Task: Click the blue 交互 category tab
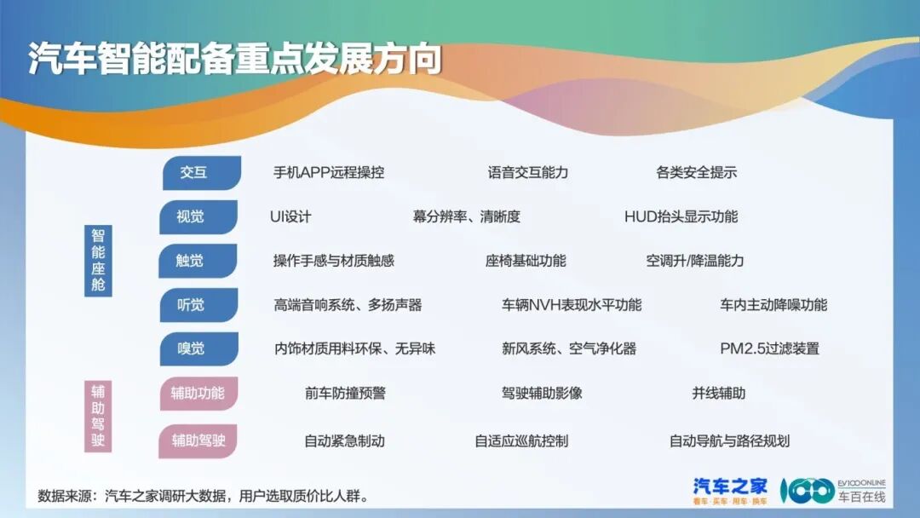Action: pos(194,172)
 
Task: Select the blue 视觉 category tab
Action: pos(191,216)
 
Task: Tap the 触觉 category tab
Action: pos(191,261)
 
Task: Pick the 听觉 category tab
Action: pos(191,305)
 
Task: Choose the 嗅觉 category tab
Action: pos(191,348)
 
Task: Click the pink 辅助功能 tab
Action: pos(198,393)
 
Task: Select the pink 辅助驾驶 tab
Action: pos(198,440)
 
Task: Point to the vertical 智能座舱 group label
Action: pos(98,260)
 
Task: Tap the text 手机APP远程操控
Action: pos(329,172)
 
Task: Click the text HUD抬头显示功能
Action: pos(681,216)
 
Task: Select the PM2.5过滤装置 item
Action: pos(769,348)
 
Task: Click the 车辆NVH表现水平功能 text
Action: pos(572,305)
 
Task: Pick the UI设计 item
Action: pos(290,216)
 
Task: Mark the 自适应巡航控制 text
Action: pos(521,441)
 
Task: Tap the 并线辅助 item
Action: pos(718,393)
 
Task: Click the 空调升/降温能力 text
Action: pos(694,261)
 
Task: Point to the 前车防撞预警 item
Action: pos(345,393)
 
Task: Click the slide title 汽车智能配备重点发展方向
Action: pos(235,60)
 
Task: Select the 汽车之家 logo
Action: pos(730,490)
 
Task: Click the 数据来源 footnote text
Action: pos(204,496)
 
